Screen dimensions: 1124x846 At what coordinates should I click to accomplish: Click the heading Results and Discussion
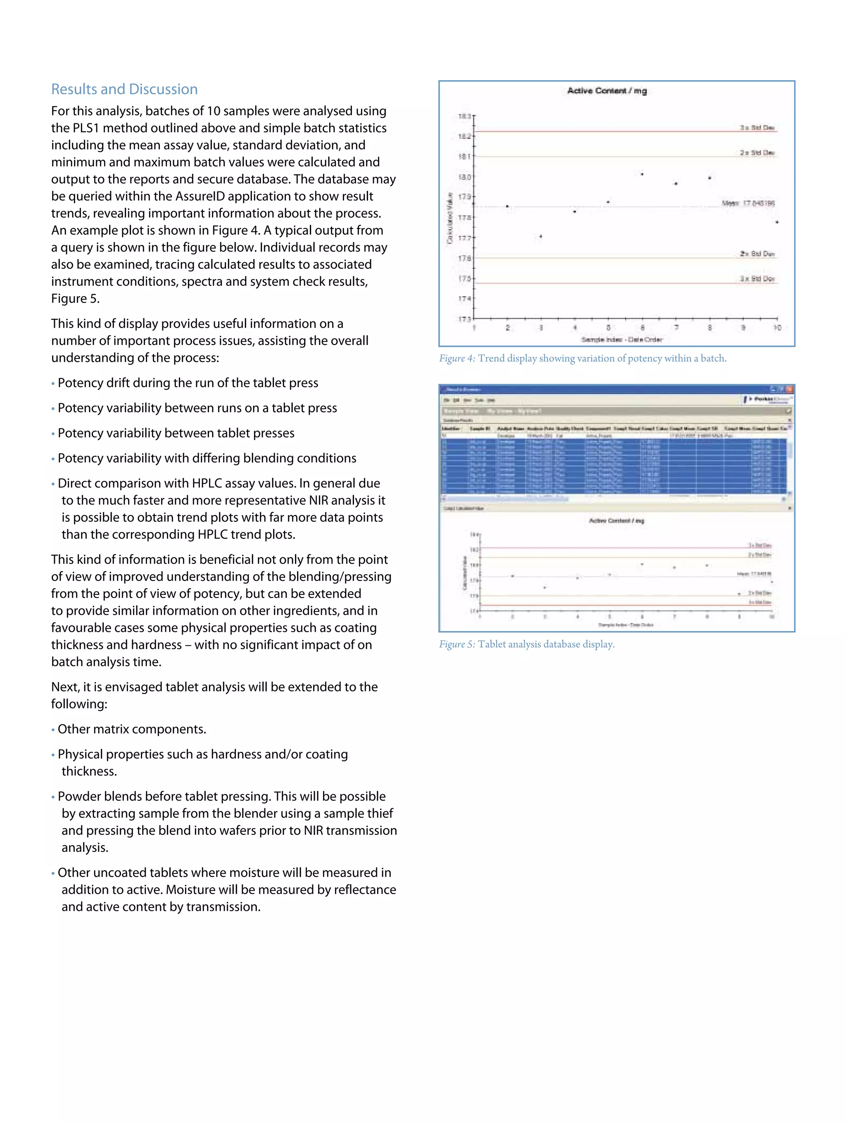tap(124, 89)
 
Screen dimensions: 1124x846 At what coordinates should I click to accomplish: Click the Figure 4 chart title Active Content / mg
tap(607, 91)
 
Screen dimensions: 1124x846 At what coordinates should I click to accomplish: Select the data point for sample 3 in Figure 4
tap(541, 236)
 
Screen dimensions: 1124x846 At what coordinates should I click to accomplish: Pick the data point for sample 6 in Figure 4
tap(642, 174)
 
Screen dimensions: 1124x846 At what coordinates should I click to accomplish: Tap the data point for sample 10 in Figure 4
tap(777, 222)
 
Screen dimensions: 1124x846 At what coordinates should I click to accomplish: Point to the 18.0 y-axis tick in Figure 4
tap(464, 177)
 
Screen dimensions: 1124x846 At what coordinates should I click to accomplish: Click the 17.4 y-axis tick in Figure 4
tap(464, 299)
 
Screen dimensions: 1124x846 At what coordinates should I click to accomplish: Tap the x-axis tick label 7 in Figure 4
tap(676, 328)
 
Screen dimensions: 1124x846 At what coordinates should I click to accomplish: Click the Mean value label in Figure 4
tap(748, 203)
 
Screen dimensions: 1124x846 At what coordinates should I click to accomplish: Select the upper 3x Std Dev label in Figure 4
tap(757, 128)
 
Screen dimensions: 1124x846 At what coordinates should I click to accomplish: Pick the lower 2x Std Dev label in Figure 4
tap(757, 254)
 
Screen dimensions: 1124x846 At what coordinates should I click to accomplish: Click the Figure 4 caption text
tap(583, 359)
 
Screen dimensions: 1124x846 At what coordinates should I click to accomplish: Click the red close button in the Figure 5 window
tap(789, 389)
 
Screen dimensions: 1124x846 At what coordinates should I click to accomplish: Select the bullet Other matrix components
tap(132, 729)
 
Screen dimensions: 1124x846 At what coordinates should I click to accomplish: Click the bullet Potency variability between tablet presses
tap(176, 433)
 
